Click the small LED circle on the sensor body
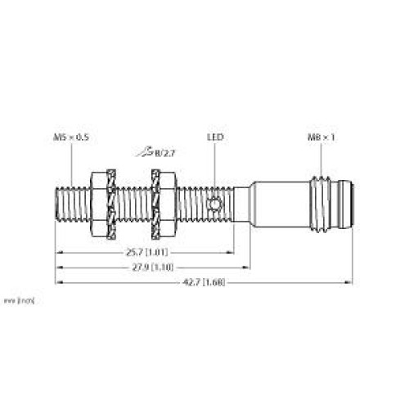point(216,204)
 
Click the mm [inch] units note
point(17,302)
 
